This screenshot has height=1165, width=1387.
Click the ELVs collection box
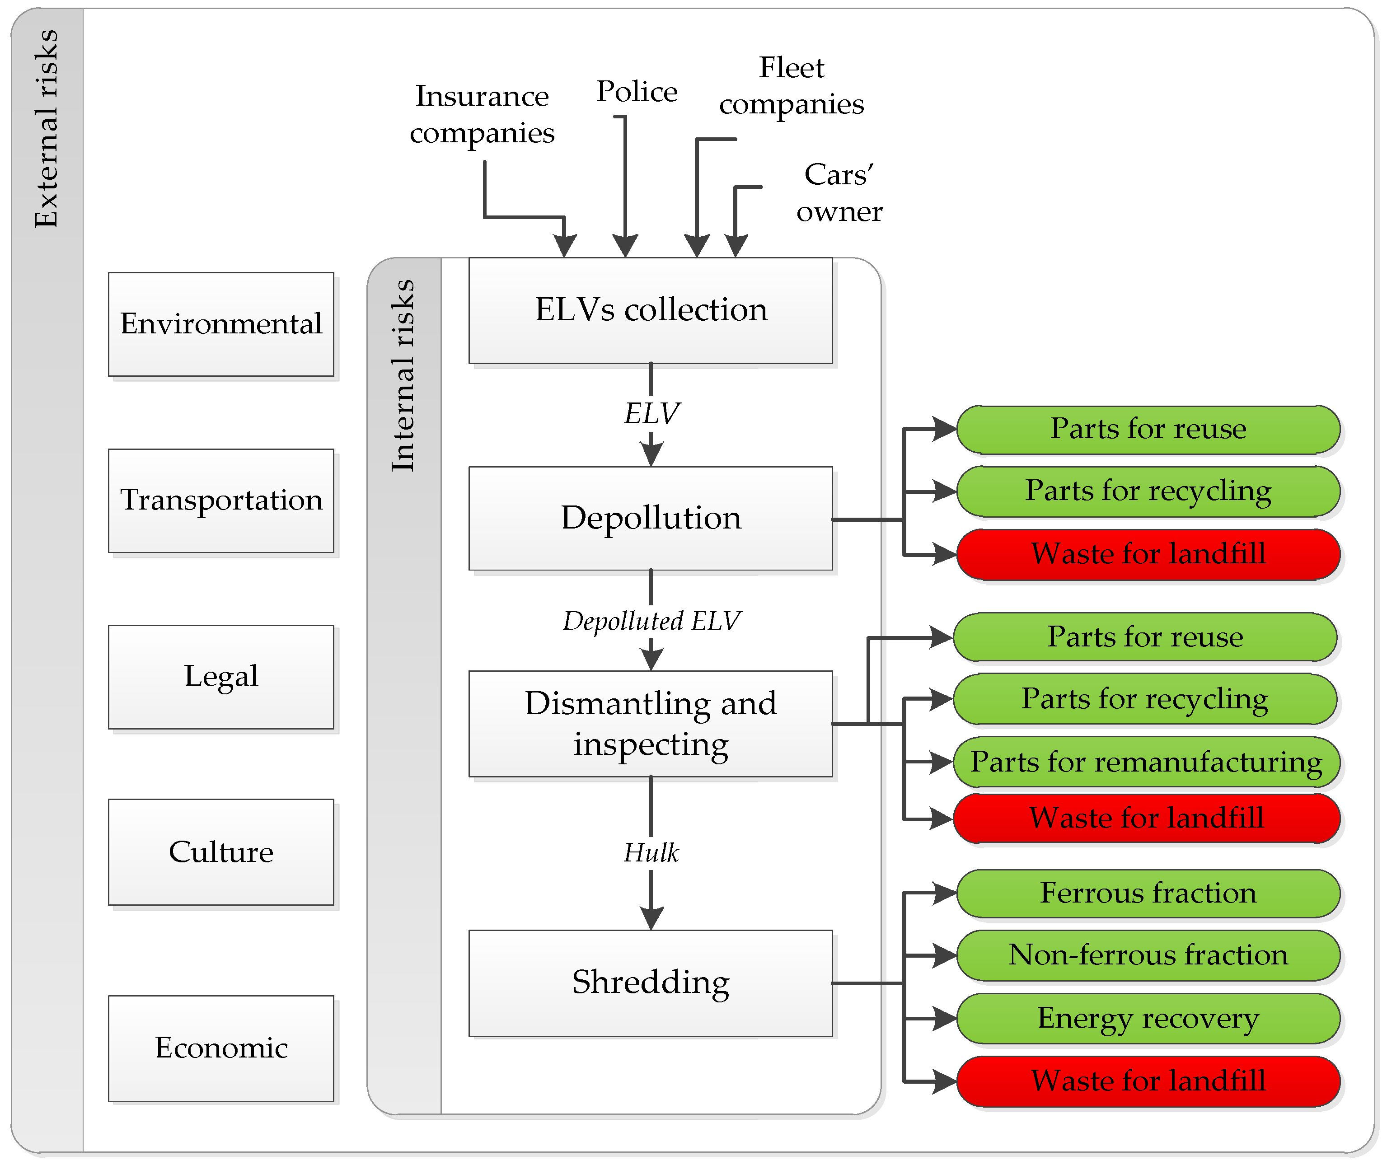(651, 310)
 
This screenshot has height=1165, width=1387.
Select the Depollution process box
(651, 519)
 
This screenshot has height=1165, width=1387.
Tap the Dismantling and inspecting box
(651, 724)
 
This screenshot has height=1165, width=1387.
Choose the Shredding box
(651, 983)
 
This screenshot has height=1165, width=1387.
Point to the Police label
(637, 92)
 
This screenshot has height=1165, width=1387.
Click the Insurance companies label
(482, 114)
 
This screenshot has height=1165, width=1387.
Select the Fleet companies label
(791, 86)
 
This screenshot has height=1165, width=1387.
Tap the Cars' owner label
(839, 193)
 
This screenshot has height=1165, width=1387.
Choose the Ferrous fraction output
(1148, 893)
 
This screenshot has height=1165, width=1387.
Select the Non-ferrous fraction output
(1148, 955)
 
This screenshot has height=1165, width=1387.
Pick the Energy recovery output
(1148, 1018)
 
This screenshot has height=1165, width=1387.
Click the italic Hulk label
(651, 852)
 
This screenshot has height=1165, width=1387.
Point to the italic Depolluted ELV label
(651, 621)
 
